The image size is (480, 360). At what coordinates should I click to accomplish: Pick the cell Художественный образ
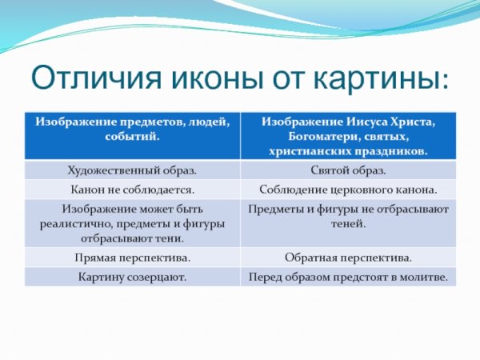tap(131, 170)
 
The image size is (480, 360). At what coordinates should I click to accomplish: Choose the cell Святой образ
tap(348, 170)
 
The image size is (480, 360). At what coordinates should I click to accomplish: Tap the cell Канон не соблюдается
tap(131, 190)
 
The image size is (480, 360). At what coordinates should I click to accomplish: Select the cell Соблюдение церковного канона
tap(348, 190)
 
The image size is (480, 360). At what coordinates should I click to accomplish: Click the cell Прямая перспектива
tap(131, 258)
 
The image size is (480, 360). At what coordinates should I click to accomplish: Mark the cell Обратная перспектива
tap(348, 258)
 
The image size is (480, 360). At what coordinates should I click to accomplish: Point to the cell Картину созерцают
tap(131, 278)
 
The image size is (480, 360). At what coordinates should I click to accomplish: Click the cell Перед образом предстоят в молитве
tap(348, 278)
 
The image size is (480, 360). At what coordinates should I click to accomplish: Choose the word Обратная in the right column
tap(314, 258)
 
